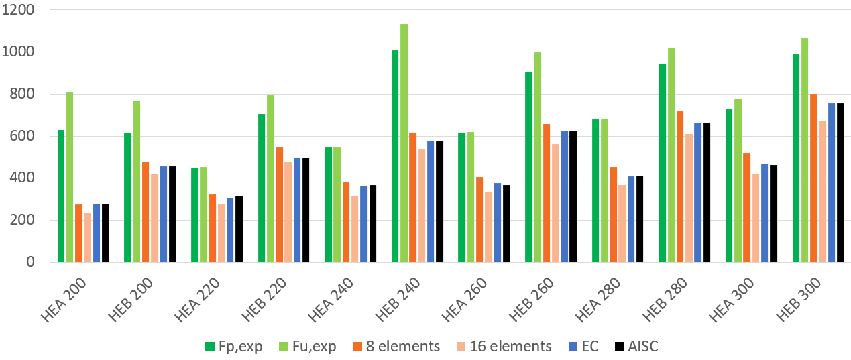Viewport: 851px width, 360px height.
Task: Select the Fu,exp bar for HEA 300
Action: point(738,180)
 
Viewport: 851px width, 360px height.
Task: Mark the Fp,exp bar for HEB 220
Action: point(262,188)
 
